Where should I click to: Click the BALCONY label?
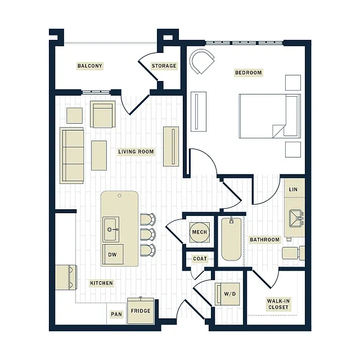tap(90, 66)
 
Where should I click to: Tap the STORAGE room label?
tap(164, 66)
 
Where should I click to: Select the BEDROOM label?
tap(249, 73)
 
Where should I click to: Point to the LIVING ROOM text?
tap(136, 152)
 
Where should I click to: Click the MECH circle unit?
tap(199, 232)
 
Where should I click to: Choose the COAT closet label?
tap(200, 259)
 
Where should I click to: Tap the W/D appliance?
tap(227, 294)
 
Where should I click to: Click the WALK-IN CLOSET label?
tap(278, 304)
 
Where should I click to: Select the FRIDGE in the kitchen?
tap(141, 310)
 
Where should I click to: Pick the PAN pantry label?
tap(116, 314)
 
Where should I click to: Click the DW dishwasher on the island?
tap(112, 254)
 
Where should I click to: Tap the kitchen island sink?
tap(111, 229)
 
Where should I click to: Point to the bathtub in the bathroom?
tap(231, 239)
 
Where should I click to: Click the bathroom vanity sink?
tap(296, 218)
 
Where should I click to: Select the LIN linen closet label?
tap(293, 190)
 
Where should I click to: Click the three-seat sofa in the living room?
tap(71, 156)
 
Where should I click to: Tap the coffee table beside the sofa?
tap(99, 155)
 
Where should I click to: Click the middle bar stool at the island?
tap(148, 235)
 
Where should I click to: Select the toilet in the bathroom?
tap(293, 253)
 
